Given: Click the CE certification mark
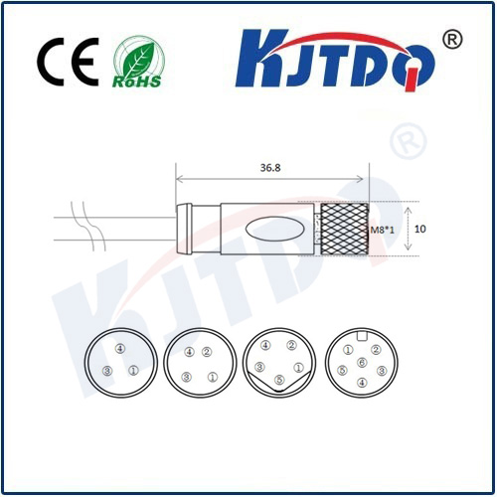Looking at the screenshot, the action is (x=68, y=62).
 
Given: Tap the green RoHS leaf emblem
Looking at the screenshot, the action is (x=138, y=62).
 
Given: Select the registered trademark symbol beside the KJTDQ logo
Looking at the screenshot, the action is (x=452, y=40).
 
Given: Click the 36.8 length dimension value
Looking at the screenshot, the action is (x=270, y=168).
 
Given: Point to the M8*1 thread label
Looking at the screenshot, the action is (x=382, y=230).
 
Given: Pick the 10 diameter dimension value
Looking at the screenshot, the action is (x=419, y=229).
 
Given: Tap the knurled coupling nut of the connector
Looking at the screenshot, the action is (x=345, y=229).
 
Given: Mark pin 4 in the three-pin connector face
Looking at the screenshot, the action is (x=120, y=348).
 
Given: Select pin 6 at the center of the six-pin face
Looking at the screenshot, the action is (x=362, y=363).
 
